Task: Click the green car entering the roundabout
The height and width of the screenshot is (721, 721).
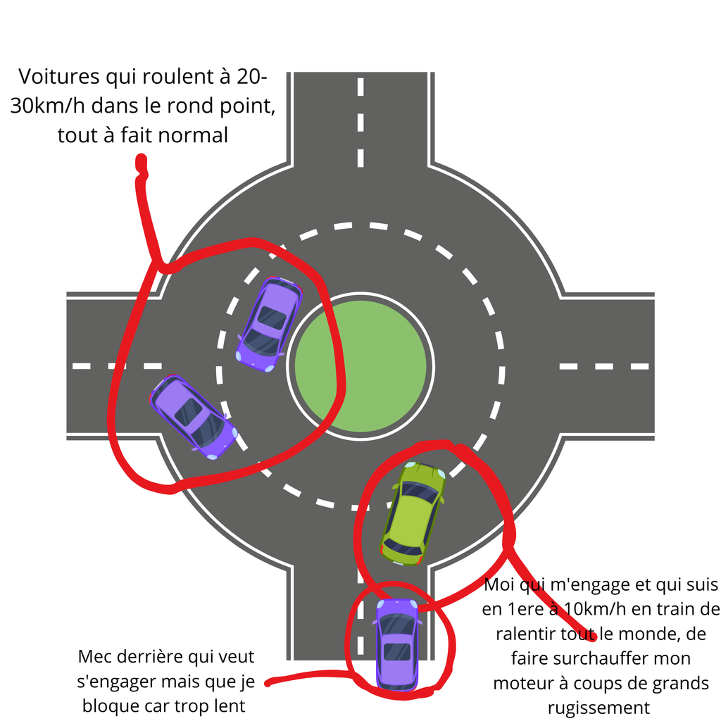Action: pos(414,513)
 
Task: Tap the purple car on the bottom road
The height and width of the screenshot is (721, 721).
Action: pos(397,644)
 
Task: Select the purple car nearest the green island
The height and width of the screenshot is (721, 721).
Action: pos(269,324)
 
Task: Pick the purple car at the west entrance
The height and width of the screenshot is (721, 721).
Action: pos(193,416)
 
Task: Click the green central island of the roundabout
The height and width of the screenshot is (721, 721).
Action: pos(360,366)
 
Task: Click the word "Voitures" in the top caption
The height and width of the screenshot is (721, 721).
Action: pos(58,77)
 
